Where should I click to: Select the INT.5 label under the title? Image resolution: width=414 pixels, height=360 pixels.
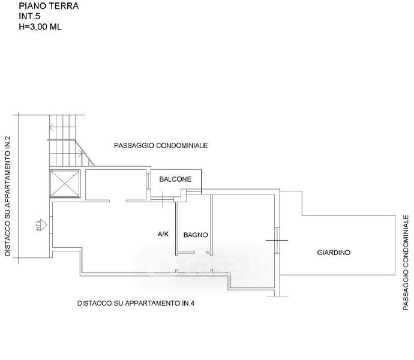29,17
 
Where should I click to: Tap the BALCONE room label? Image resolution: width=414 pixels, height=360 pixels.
175,179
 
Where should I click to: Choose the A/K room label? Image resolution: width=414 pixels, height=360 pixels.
163,233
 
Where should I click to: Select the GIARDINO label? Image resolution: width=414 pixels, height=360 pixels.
334,253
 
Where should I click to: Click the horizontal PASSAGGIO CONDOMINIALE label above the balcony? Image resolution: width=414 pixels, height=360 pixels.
161,146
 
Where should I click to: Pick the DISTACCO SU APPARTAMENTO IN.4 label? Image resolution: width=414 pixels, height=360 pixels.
136,304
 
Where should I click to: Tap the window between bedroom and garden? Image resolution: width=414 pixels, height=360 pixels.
277,240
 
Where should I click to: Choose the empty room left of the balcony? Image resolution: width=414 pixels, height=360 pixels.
116,184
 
